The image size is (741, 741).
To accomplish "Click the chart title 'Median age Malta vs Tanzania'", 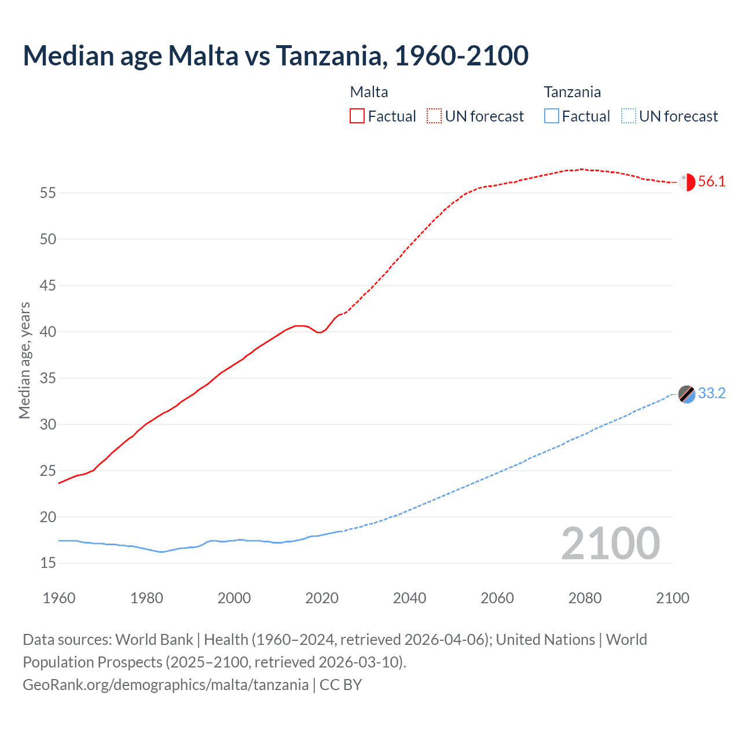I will pos(276,56).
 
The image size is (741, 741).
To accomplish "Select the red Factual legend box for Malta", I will pos(357,116).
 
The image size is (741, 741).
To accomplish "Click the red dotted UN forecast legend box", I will pos(434,116).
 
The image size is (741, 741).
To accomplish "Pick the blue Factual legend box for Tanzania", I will pos(552,116).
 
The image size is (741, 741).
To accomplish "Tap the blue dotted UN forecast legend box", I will pos(629,116).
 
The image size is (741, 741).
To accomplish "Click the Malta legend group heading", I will pos(369,92).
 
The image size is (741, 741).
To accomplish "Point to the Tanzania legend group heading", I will pos(572,92).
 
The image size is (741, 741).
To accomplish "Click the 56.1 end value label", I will pos(711,182).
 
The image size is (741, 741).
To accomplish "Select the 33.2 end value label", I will pos(711,394).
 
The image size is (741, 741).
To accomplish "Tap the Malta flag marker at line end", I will pos(687,182).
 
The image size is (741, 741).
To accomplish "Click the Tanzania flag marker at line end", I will pos(687,394).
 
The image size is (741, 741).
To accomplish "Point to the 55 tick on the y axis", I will pos(48,193).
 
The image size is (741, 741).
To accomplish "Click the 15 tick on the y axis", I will pos(48,563).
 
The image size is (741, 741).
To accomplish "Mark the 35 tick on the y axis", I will pos(48,378).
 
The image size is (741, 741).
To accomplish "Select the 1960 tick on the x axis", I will pos(59,598).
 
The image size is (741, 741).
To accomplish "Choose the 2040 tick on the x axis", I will pos(409,598).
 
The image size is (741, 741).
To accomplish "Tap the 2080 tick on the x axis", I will pos(585,598).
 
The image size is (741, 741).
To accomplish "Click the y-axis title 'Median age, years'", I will pos(24,360).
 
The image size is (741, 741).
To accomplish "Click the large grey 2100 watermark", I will pos(610,544).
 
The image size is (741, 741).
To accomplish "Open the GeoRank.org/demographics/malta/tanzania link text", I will pos(166,685).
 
